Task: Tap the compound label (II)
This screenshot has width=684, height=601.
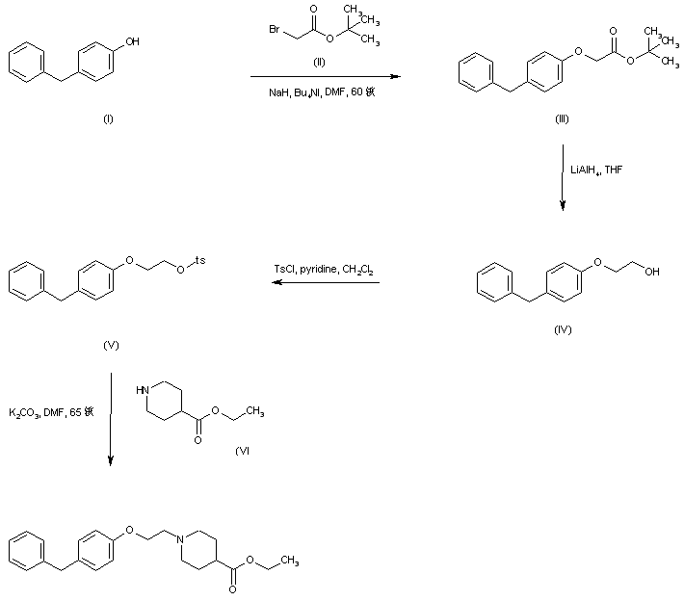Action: click(322, 61)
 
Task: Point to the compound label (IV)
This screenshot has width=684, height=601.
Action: click(563, 329)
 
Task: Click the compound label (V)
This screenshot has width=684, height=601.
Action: click(110, 343)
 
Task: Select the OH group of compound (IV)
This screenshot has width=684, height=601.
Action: click(652, 272)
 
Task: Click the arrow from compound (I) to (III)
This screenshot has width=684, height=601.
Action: click(325, 75)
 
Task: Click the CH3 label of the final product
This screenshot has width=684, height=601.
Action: click(289, 560)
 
